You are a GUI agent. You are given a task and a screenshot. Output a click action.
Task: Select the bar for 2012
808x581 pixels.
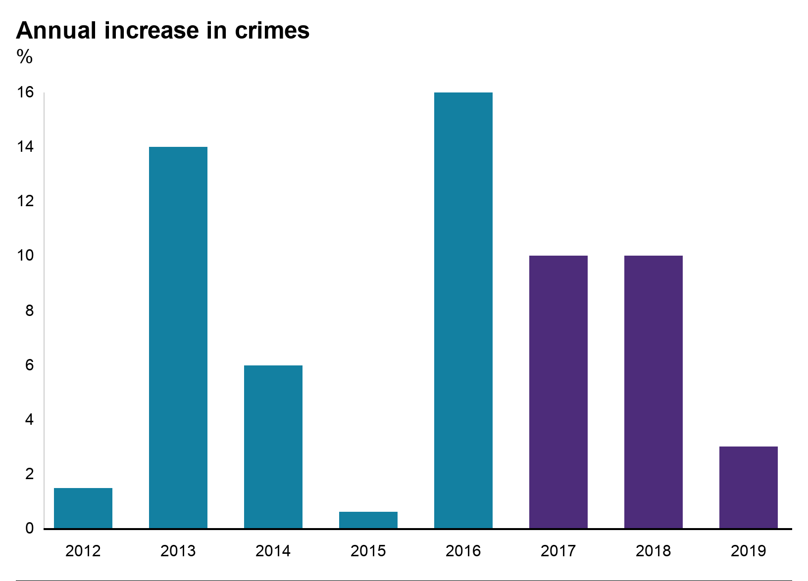pyautogui.click(x=83, y=508)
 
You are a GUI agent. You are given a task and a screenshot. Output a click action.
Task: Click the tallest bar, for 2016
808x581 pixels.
pyautogui.click(x=463, y=311)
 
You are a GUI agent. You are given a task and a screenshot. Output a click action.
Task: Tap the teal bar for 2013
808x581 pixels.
pyautogui.click(x=178, y=338)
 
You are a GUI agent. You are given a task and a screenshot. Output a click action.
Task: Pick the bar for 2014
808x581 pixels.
pyautogui.click(x=273, y=447)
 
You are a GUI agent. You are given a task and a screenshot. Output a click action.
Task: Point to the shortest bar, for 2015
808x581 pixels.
pyautogui.click(x=368, y=520)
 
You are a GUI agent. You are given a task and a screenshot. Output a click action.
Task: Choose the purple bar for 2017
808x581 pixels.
pyautogui.click(x=558, y=392)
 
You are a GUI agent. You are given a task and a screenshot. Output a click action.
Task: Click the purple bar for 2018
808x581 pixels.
pyautogui.click(x=654, y=392)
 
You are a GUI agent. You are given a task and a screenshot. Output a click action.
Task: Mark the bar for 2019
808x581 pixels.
pyautogui.click(x=749, y=488)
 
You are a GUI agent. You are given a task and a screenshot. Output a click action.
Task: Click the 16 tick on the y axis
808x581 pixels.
pyautogui.click(x=25, y=92)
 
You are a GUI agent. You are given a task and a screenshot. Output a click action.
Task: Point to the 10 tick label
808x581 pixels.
pyautogui.click(x=25, y=256)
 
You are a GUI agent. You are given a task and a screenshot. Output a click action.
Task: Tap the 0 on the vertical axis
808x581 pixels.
pyautogui.click(x=29, y=529)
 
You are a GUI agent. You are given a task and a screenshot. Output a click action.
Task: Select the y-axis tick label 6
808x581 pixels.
pyautogui.click(x=29, y=365)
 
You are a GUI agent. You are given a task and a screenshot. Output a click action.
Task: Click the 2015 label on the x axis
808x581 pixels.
pyautogui.click(x=368, y=551)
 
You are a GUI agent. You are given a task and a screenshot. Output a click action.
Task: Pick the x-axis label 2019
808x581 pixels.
pyautogui.click(x=749, y=551)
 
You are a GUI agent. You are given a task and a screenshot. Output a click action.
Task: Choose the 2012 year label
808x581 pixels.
pyautogui.click(x=83, y=551)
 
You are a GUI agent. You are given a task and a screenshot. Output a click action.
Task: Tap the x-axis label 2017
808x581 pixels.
pyautogui.click(x=558, y=551)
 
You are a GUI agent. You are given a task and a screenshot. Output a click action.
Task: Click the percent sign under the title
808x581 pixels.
pyautogui.click(x=24, y=57)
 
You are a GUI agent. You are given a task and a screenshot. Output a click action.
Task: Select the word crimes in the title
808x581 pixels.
pyautogui.click(x=272, y=31)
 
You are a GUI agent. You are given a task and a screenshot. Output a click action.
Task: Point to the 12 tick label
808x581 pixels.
pyautogui.click(x=25, y=201)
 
